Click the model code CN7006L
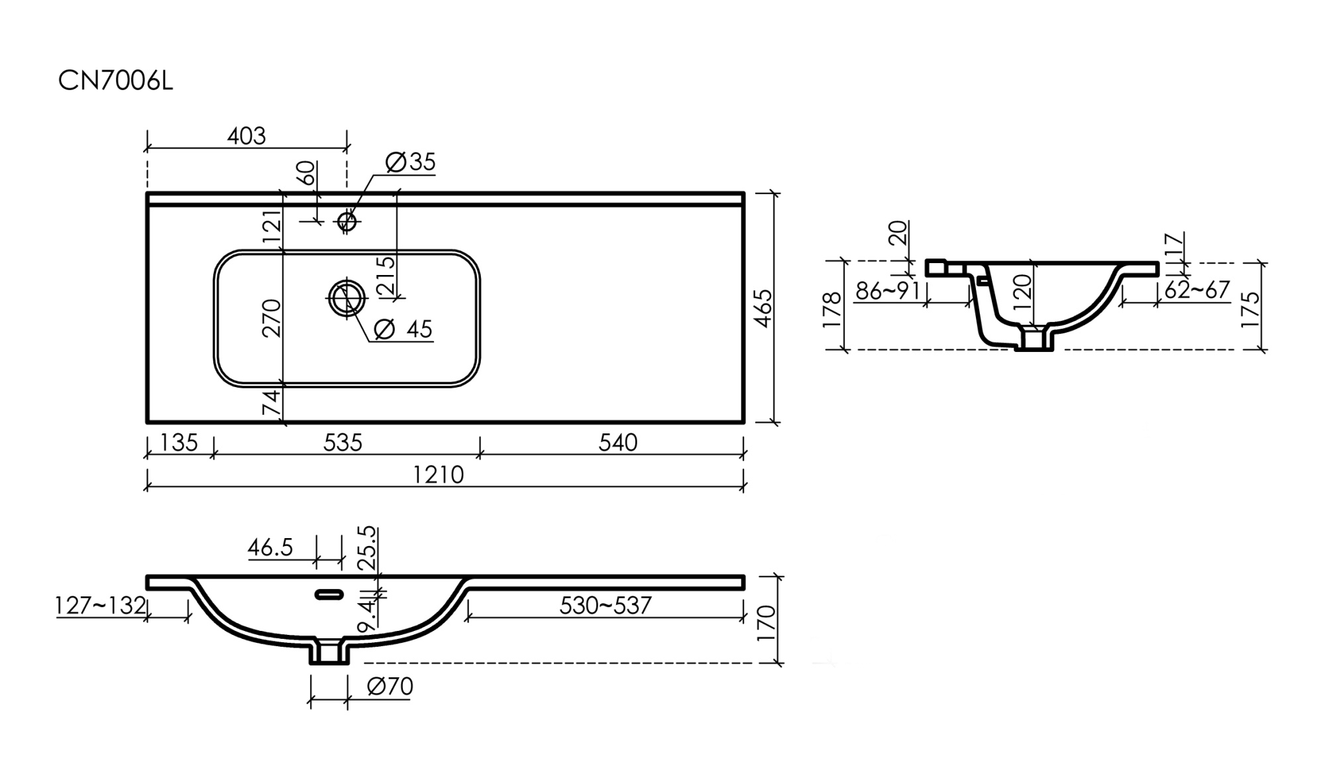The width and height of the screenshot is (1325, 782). [115, 82]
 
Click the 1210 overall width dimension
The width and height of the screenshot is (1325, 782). [438, 475]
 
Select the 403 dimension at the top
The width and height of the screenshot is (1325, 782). [246, 136]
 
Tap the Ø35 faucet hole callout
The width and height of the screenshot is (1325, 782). [410, 162]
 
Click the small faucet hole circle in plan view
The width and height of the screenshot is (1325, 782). [347, 221]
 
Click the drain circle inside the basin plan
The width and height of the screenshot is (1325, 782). [346, 298]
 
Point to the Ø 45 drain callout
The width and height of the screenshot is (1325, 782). [403, 329]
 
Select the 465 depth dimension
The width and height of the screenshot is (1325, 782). [763, 307]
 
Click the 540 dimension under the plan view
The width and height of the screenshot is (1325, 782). [617, 443]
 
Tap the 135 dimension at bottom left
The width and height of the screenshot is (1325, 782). [179, 443]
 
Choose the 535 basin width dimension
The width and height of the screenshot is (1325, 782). [343, 443]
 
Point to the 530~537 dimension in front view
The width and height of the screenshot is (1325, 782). [605, 606]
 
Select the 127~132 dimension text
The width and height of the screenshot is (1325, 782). [100, 606]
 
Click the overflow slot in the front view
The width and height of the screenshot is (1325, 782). [329, 594]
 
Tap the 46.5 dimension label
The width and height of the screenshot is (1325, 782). [270, 548]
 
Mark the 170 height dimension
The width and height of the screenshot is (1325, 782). [766, 622]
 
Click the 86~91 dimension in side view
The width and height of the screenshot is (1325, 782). [887, 291]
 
